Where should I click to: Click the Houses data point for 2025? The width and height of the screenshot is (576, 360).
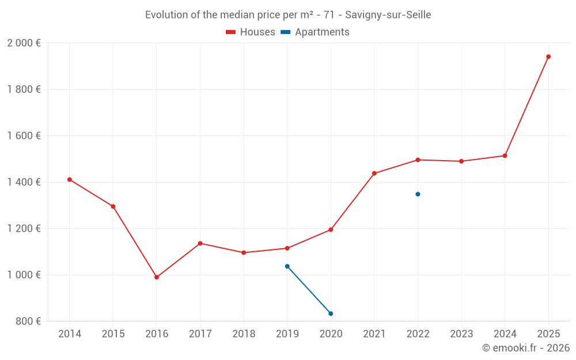click(x=548, y=56)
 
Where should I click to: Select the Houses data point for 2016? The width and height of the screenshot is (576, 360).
click(x=157, y=277)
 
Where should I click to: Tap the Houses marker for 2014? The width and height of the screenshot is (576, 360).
click(x=70, y=180)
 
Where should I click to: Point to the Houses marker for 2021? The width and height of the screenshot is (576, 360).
click(x=374, y=173)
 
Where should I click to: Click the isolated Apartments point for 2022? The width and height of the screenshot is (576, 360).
click(x=418, y=194)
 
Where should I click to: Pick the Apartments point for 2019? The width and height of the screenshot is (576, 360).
click(x=287, y=266)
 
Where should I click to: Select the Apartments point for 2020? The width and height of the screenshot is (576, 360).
click(x=331, y=313)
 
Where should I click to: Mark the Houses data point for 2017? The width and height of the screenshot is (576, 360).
click(x=200, y=243)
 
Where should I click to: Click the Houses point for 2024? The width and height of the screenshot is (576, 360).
click(x=505, y=156)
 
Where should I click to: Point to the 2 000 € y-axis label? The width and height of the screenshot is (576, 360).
click(x=24, y=43)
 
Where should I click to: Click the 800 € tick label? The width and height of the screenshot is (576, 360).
click(x=28, y=321)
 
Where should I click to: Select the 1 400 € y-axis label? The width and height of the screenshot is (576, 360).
click(x=24, y=182)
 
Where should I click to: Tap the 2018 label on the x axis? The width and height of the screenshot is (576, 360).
click(x=244, y=334)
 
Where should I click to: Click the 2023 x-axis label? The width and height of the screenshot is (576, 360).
click(x=461, y=334)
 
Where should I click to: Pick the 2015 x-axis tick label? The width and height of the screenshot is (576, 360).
click(x=113, y=334)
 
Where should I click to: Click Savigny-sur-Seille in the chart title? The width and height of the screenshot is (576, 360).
click(x=388, y=15)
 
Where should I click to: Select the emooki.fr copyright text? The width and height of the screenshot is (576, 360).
click(x=525, y=348)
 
